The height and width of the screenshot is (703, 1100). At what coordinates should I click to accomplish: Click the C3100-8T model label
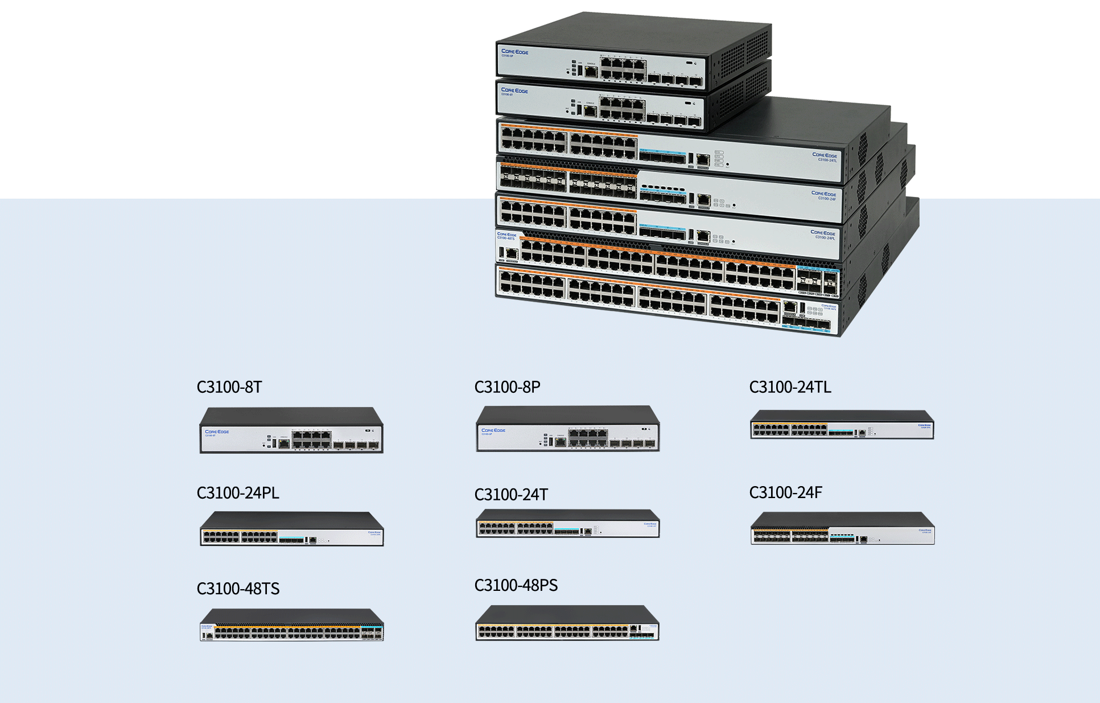pyautogui.click(x=229, y=387)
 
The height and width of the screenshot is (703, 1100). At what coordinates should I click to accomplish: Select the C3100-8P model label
pyautogui.click(x=507, y=387)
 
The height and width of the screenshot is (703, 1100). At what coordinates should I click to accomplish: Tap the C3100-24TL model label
pyautogui.click(x=790, y=387)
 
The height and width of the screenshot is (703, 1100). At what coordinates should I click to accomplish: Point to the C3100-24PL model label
pyautogui.click(x=238, y=493)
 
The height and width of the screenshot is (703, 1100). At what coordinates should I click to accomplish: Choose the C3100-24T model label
pyautogui.click(x=511, y=495)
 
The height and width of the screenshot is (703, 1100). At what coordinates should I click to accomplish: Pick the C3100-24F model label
pyautogui.click(x=785, y=492)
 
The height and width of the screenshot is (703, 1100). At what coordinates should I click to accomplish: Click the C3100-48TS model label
pyautogui.click(x=238, y=589)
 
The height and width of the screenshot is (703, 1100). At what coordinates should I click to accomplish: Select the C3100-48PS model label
pyautogui.click(x=516, y=585)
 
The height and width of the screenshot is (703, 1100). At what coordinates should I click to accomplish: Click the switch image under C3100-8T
pyautogui.click(x=291, y=430)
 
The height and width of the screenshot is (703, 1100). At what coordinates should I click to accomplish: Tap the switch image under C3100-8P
pyautogui.click(x=568, y=429)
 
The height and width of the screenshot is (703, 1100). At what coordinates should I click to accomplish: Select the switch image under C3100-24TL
pyautogui.click(x=842, y=425)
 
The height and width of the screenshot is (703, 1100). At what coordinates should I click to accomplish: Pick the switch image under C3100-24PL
pyautogui.click(x=291, y=529)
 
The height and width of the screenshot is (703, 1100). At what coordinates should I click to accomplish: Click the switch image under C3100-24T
pyautogui.click(x=568, y=524)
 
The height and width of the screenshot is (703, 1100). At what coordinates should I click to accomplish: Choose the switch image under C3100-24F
pyautogui.click(x=842, y=528)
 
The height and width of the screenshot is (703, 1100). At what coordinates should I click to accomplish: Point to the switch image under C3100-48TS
pyautogui.click(x=291, y=625)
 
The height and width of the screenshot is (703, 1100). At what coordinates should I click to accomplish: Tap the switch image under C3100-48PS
pyautogui.click(x=568, y=623)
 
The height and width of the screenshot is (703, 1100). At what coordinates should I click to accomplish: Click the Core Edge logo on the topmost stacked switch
pyautogui.click(x=514, y=52)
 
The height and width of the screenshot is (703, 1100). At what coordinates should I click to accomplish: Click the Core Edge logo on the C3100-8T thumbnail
pyautogui.click(x=217, y=432)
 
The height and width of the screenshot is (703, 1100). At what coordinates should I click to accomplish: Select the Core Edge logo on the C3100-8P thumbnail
pyautogui.click(x=493, y=430)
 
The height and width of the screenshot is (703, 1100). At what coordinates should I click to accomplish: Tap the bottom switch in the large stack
pyautogui.click(x=666, y=299)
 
